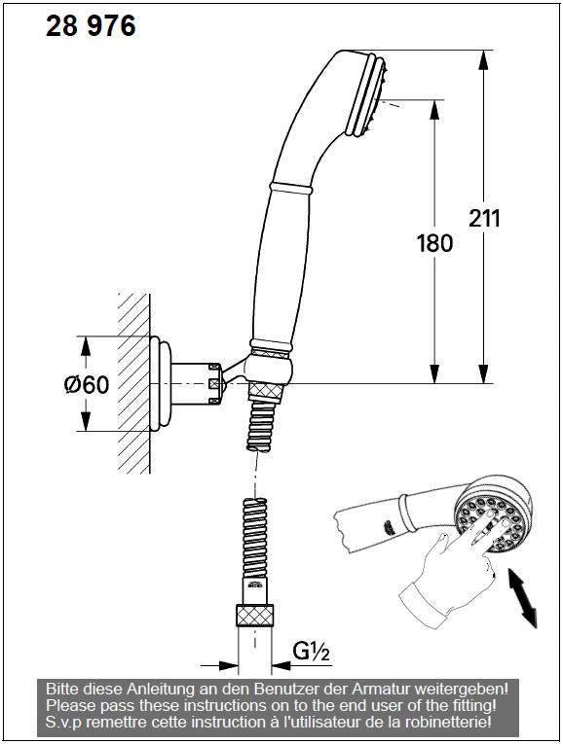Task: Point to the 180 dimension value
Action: click(434, 242)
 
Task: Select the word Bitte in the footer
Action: click(63, 689)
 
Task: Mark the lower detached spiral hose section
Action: click(253, 549)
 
